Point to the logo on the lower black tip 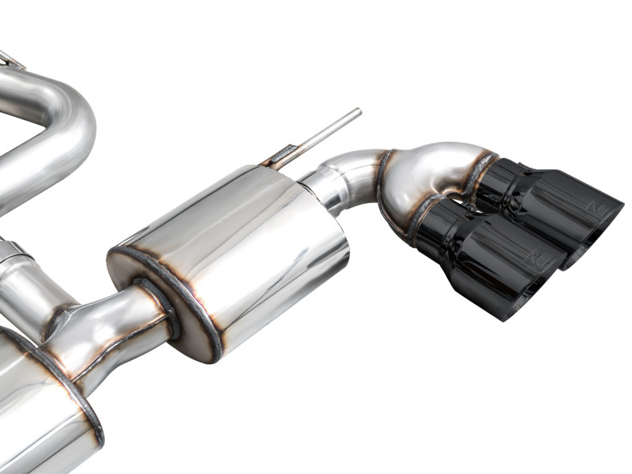tap(538, 261)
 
